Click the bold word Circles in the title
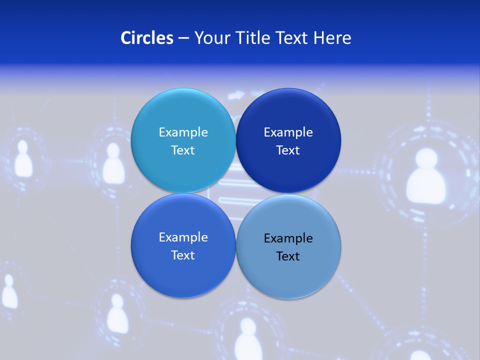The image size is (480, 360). (146, 38)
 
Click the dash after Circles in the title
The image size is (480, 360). (183, 38)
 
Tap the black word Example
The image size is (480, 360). (288, 238)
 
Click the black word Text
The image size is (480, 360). (288, 256)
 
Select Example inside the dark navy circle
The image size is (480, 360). (288, 132)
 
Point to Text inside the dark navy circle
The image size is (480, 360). (288, 150)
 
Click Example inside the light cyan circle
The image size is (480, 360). (183, 132)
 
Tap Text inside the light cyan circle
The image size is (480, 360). (183, 150)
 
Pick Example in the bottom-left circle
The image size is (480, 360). (183, 237)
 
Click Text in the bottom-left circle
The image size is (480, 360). (183, 255)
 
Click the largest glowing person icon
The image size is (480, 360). (425, 177)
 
